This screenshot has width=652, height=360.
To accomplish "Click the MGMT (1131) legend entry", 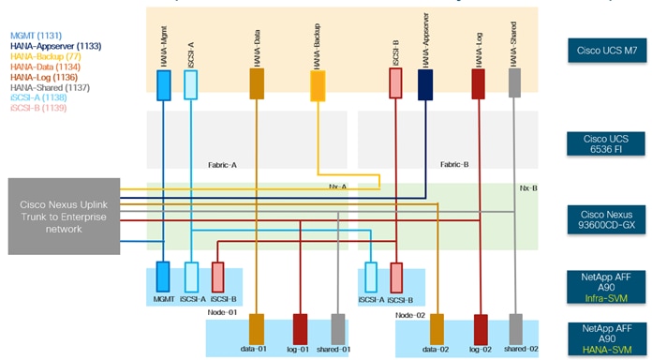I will tap(37, 34).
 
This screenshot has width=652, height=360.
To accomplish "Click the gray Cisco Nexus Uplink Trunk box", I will tap(65, 216).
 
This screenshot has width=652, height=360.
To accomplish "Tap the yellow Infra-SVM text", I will tap(607, 298).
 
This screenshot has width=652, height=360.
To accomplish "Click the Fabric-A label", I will tap(222, 164).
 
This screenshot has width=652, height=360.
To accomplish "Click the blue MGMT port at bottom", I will tap(163, 277).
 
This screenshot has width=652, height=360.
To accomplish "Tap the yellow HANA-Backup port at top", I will tap(318, 85).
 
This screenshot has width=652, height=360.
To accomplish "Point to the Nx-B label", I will tap(527, 187).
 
